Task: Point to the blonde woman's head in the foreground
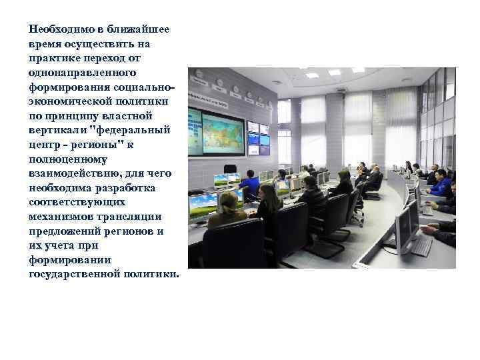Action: point(228,201)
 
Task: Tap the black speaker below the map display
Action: point(229,168)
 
